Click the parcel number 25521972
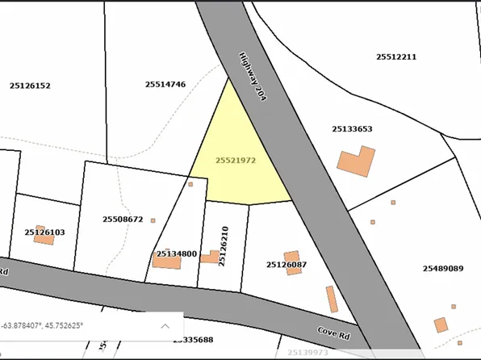point(236,161)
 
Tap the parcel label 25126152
point(30,86)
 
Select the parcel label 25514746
point(165,84)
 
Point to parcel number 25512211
point(396,57)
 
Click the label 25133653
point(352,128)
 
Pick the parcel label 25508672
point(123,219)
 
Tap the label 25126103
point(44,232)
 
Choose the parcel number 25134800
point(177,254)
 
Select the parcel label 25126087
point(287,265)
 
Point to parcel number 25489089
point(443,269)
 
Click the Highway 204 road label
point(253,77)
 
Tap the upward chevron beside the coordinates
point(165,326)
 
